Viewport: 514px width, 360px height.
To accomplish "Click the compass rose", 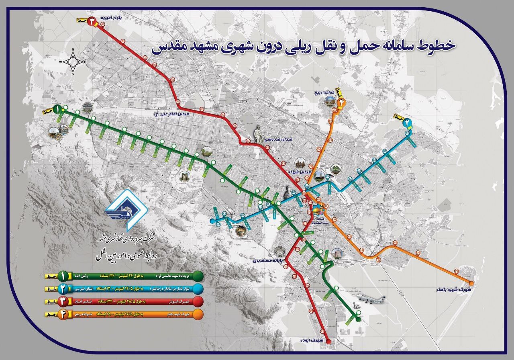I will [73, 61].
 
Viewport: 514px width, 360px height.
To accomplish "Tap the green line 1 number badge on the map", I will [57, 109].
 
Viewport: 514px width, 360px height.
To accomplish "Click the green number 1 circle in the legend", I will [63, 276].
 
